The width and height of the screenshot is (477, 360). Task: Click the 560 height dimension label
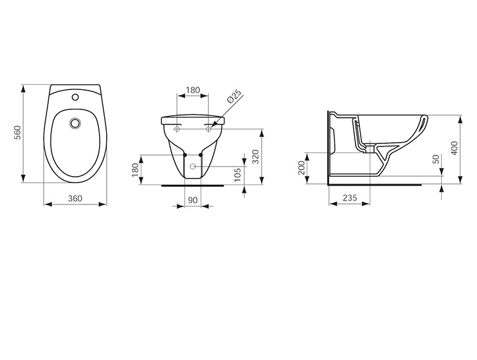(18, 132)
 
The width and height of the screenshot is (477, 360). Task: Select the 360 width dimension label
(75, 199)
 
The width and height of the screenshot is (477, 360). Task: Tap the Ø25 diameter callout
(234, 96)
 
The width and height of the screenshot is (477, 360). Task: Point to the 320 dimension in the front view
(256, 156)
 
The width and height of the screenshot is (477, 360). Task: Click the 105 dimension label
(238, 175)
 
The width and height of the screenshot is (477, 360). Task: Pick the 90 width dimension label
(193, 200)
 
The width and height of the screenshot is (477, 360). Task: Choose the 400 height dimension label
(455, 148)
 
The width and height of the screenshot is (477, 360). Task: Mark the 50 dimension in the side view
(437, 159)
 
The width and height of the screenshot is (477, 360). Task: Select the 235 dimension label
(350, 198)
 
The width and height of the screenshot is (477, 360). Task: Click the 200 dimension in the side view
(301, 168)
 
